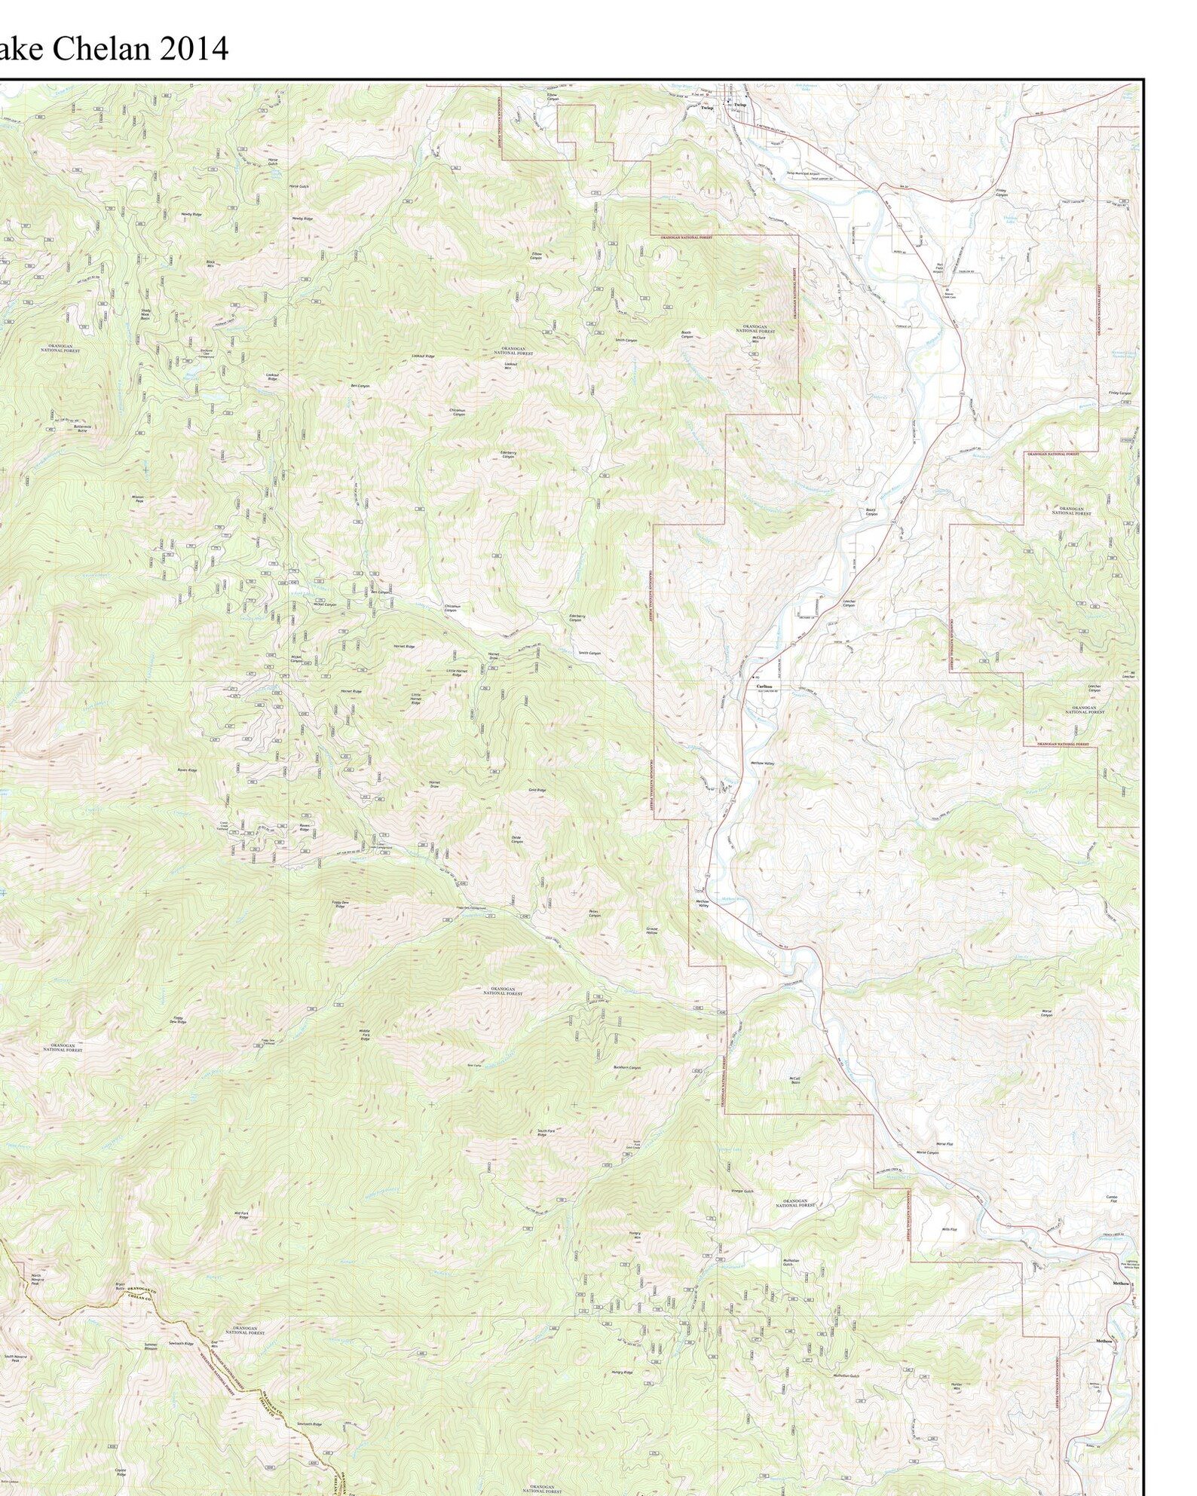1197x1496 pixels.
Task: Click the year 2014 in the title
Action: coord(193,49)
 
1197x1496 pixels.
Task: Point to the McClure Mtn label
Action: coord(755,338)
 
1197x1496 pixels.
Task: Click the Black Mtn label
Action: coord(211,263)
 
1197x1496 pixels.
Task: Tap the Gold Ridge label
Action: coord(536,790)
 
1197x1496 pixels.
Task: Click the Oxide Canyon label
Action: coord(516,839)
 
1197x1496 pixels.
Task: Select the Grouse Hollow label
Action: coord(652,930)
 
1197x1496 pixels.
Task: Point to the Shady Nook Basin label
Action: coord(145,314)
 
